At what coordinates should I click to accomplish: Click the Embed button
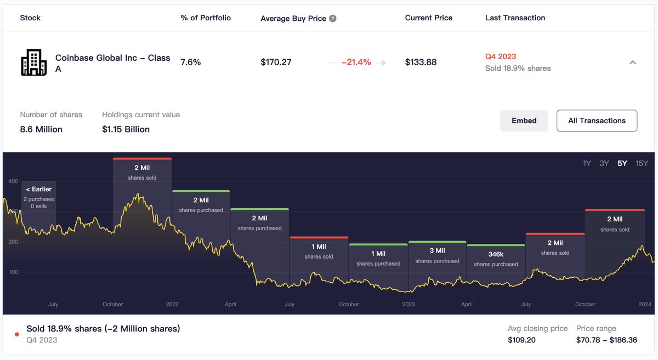(524, 121)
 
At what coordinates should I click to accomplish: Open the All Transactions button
(597, 121)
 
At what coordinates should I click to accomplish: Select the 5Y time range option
(622, 163)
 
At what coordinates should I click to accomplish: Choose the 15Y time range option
(642, 163)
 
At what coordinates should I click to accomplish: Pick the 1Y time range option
(587, 163)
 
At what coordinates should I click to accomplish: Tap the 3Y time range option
(604, 163)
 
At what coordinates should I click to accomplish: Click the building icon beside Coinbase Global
(34, 62)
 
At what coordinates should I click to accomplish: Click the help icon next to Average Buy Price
(333, 19)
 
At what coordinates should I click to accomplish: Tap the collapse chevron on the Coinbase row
(632, 62)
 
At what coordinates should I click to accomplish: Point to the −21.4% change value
(356, 62)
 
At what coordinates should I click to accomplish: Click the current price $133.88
(421, 62)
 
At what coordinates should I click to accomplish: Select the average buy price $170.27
(276, 62)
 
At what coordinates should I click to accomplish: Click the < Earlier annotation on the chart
(38, 189)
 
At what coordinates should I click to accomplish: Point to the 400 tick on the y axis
(13, 181)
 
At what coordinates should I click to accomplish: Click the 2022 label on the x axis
(172, 304)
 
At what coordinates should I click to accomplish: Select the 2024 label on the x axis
(645, 304)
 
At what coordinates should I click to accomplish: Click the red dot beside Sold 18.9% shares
(16, 334)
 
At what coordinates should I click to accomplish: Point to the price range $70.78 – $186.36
(606, 340)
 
